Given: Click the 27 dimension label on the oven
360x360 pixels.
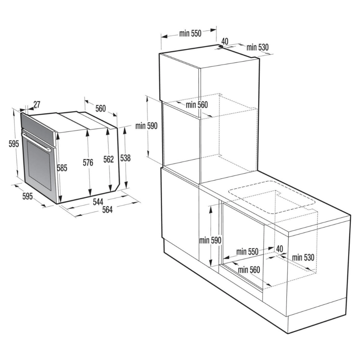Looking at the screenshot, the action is point(37,104).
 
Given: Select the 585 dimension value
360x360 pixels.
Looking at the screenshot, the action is point(62,168).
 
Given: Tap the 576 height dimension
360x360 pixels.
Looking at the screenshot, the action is point(88,163).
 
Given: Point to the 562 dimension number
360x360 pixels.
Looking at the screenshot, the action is point(108,159).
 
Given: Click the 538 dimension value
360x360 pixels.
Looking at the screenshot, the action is point(125,158).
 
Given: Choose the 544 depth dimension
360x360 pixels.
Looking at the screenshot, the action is point(98,202).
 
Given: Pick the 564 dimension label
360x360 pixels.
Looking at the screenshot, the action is point(107,210).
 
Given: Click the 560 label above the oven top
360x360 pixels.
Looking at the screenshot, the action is point(100,108).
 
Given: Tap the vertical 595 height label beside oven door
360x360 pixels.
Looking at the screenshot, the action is point(14,144).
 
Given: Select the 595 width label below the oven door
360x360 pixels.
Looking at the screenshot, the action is point(28,196).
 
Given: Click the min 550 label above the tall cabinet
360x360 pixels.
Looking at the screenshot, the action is point(190,33).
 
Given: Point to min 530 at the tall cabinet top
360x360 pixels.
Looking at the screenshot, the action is point(258,47).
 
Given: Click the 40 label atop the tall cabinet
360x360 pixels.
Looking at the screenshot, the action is point(225,41).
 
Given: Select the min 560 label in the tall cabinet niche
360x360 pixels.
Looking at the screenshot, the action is point(197,105).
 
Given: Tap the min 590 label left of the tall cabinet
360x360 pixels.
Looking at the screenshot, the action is point(147,126).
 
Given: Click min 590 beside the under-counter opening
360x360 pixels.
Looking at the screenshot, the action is point(210,240).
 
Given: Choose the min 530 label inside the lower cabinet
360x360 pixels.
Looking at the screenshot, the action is point(303,257).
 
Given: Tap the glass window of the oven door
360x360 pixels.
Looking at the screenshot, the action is point(39,165).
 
